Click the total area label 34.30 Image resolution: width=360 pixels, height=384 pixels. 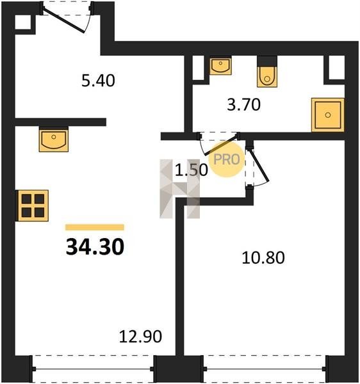point(95,247)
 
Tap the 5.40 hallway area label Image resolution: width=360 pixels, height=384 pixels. point(98,81)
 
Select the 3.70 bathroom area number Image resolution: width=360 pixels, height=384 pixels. point(243,104)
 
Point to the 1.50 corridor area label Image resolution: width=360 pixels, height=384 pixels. point(192,170)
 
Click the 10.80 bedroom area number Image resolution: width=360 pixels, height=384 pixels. point(263,258)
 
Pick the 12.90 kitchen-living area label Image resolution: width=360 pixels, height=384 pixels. point(140,336)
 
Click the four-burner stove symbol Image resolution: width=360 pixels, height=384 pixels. point(33,205)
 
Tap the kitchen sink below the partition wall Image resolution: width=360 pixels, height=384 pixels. point(54,139)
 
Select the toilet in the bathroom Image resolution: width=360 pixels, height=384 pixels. point(267,72)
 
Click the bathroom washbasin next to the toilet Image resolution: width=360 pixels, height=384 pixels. point(220,65)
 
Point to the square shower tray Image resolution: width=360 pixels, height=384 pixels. point(328,115)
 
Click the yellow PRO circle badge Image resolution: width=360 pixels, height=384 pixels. point(227,159)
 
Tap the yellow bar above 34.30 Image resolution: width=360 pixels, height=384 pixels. point(95,227)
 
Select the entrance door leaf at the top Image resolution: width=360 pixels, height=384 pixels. point(64,19)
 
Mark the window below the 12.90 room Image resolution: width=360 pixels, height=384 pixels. point(94,369)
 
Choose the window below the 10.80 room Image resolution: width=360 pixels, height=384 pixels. point(265,369)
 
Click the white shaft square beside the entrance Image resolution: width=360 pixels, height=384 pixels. point(23,22)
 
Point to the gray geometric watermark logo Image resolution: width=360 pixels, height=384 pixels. point(179,189)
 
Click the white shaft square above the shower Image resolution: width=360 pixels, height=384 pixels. point(336,67)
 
